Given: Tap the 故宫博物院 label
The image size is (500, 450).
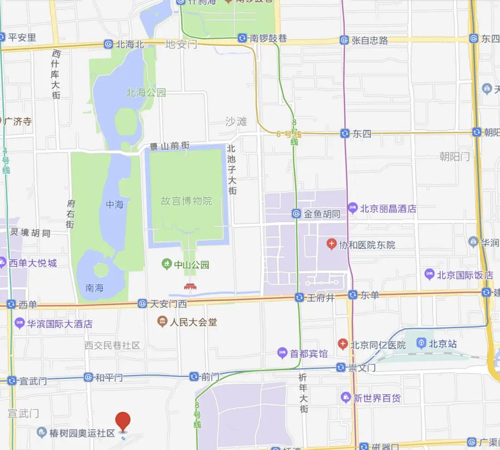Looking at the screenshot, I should (x=186, y=201).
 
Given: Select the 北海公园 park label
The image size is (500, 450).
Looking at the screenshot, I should (x=146, y=93).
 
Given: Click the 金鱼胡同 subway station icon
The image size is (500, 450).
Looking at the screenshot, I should (x=296, y=214).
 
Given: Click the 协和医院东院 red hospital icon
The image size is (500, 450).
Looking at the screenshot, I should (x=331, y=244).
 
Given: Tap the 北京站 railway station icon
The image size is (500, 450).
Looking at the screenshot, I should (x=421, y=344).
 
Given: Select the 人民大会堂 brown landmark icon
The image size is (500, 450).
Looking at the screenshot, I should (x=162, y=322).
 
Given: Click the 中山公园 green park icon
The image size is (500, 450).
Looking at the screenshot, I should (x=166, y=265).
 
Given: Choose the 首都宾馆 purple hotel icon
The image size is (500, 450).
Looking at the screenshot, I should (x=282, y=354).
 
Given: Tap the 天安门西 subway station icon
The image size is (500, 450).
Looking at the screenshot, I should (x=143, y=304).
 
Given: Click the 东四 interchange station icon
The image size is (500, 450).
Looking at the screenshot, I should (x=344, y=133).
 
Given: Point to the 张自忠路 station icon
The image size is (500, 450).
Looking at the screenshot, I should (x=344, y=40).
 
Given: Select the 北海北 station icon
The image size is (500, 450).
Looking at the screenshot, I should (x=108, y=44).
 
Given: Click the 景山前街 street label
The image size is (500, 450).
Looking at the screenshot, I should (x=169, y=146).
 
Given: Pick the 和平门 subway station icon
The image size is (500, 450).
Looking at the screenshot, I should (x=88, y=378).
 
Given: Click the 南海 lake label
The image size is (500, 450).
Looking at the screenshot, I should (x=94, y=288).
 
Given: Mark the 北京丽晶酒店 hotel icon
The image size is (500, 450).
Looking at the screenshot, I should (x=353, y=208).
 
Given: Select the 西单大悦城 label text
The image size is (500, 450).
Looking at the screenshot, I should (x=33, y=263).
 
